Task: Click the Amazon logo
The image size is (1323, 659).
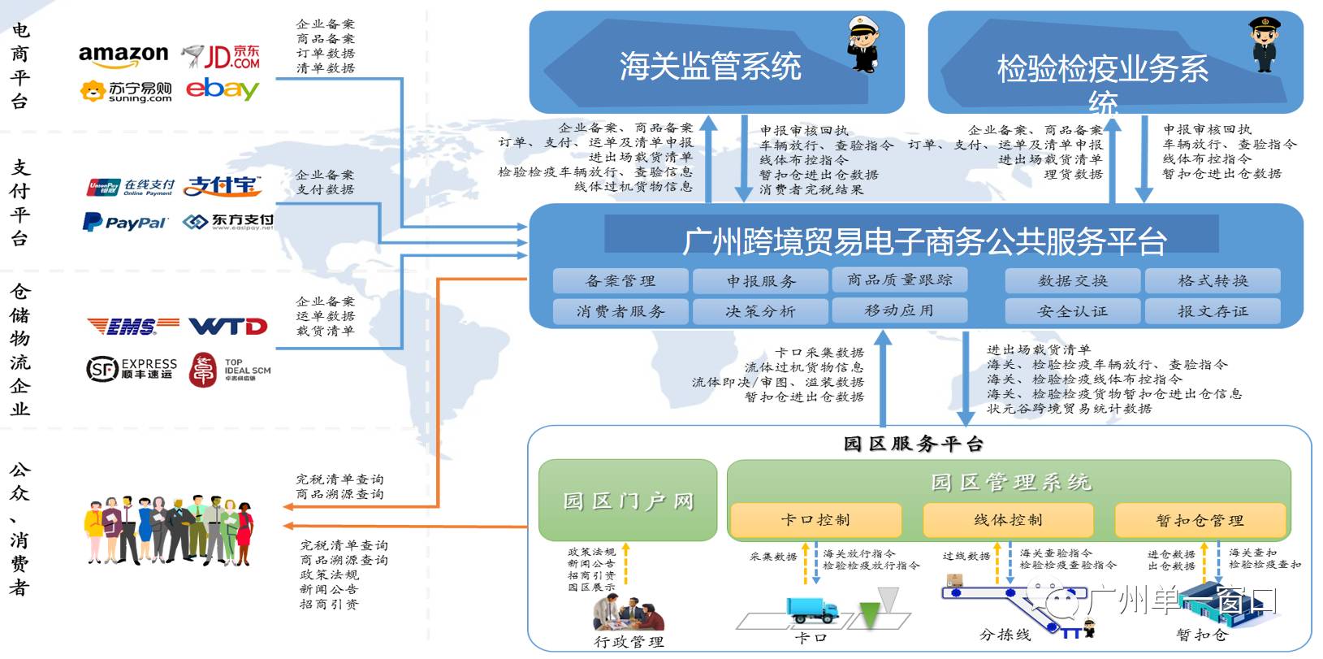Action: tap(123, 55)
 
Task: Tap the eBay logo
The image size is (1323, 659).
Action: tap(222, 89)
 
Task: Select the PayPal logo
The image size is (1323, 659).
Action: tap(125, 222)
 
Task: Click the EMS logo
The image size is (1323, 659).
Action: tap(132, 327)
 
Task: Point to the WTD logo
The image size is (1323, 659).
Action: tap(228, 327)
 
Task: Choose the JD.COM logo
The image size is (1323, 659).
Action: tap(221, 56)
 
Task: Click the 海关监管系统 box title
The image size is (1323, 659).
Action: tap(710, 66)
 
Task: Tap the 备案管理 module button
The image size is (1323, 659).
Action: tap(620, 281)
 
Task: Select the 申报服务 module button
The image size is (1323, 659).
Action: tap(760, 281)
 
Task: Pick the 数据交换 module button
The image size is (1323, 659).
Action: tap(1072, 281)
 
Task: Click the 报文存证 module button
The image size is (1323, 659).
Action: tap(1213, 311)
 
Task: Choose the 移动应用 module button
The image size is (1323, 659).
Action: tap(899, 310)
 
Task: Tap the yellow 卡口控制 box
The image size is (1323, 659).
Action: tap(815, 520)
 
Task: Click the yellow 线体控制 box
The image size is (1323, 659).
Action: tap(1008, 520)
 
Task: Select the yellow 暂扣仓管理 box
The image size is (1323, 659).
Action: tap(1200, 521)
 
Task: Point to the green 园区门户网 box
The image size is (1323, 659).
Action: tap(628, 501)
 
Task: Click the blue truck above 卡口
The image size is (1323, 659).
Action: tap(811, 610)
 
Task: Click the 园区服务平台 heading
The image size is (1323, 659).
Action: tap(913, 444)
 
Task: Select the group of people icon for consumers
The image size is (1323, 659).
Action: tap(169, 529)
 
